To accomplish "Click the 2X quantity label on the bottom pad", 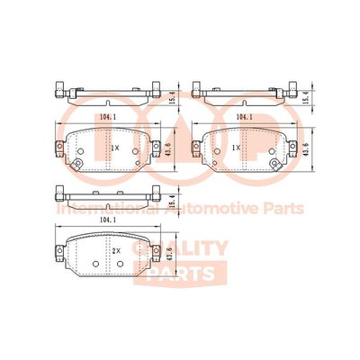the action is (116, 251).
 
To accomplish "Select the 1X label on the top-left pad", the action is (115, 148).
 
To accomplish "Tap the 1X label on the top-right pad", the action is (237, 148).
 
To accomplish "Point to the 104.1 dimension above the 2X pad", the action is (108, 220).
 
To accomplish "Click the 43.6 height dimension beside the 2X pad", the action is (168, 255).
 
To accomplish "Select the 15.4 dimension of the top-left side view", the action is (172, 98).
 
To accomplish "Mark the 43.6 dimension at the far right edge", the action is (305, 149).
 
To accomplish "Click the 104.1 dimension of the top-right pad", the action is (244, 116).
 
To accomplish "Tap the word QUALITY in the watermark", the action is (180, 248).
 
